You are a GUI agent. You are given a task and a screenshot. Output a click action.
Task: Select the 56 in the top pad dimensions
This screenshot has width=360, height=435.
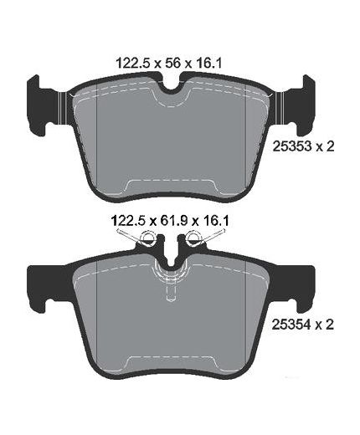pos(173,64)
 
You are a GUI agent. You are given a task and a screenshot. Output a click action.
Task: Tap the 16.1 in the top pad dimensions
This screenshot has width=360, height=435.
pos(208,64)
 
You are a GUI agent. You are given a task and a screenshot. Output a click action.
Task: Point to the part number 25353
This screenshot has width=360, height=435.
pos(292,146)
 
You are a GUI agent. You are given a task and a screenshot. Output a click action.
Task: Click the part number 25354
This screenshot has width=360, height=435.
pos(292,325)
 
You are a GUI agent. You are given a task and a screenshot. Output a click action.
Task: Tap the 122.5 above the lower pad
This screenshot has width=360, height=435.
pos(129,221)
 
